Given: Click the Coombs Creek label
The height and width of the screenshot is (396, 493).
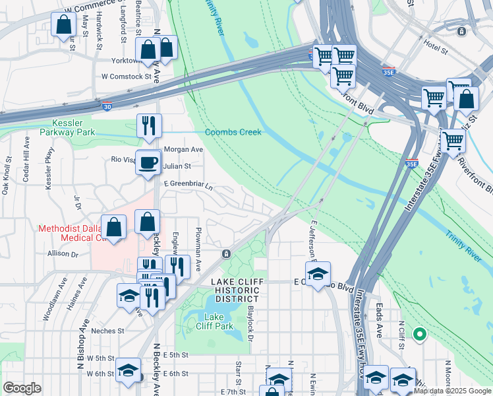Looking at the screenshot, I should (233, 132).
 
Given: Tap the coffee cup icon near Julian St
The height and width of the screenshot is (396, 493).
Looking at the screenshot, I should (148, 162).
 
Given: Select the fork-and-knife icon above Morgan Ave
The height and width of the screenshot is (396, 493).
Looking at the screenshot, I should (149, 125).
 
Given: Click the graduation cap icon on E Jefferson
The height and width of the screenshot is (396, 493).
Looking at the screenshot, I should (318, 273).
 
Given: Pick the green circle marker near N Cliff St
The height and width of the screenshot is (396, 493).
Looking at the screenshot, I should (419, 335).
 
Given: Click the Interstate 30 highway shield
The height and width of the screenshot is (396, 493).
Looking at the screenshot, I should (107, 105).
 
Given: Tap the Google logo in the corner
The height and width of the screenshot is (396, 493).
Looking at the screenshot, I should (22, 387).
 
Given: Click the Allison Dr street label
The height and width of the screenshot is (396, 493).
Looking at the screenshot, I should (63, 253).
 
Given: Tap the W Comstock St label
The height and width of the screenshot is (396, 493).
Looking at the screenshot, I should (126, 77).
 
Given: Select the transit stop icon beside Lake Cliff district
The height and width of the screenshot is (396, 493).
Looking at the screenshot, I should (226, 254).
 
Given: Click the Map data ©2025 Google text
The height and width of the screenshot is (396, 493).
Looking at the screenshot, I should (452, 391).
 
